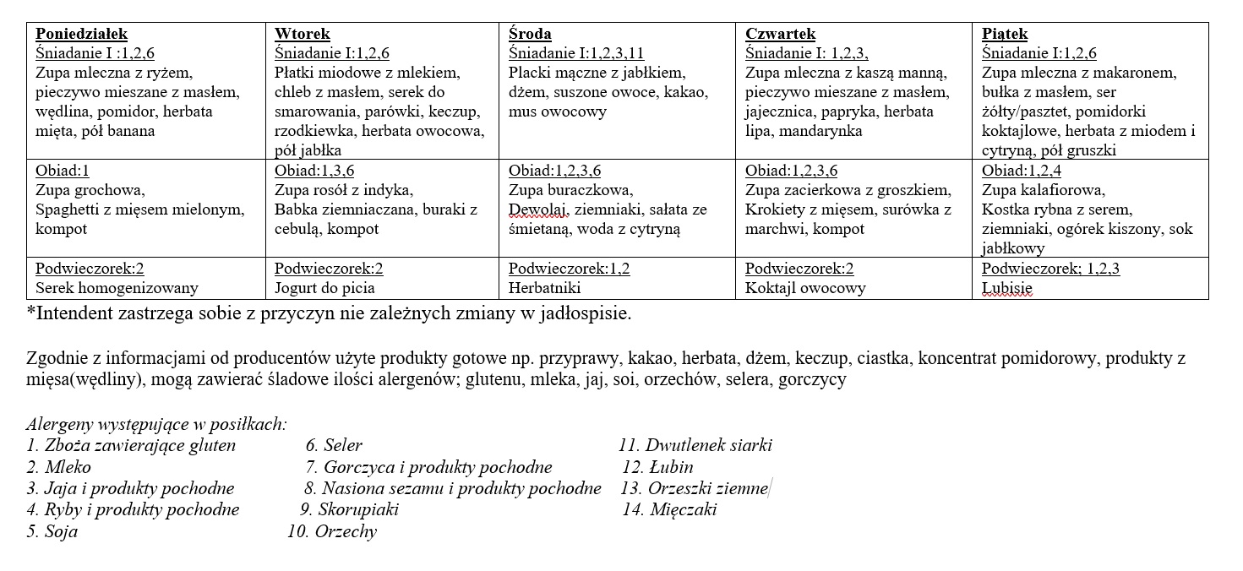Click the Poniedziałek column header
[81, 34]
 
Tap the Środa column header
[530, 34]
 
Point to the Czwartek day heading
[780, 34]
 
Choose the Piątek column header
[1005, 34]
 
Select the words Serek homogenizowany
[117, 288]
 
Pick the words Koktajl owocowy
[805, 288]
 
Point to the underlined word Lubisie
[1006, 288]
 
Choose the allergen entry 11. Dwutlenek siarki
[695, 445]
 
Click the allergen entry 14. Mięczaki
[669, 509]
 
